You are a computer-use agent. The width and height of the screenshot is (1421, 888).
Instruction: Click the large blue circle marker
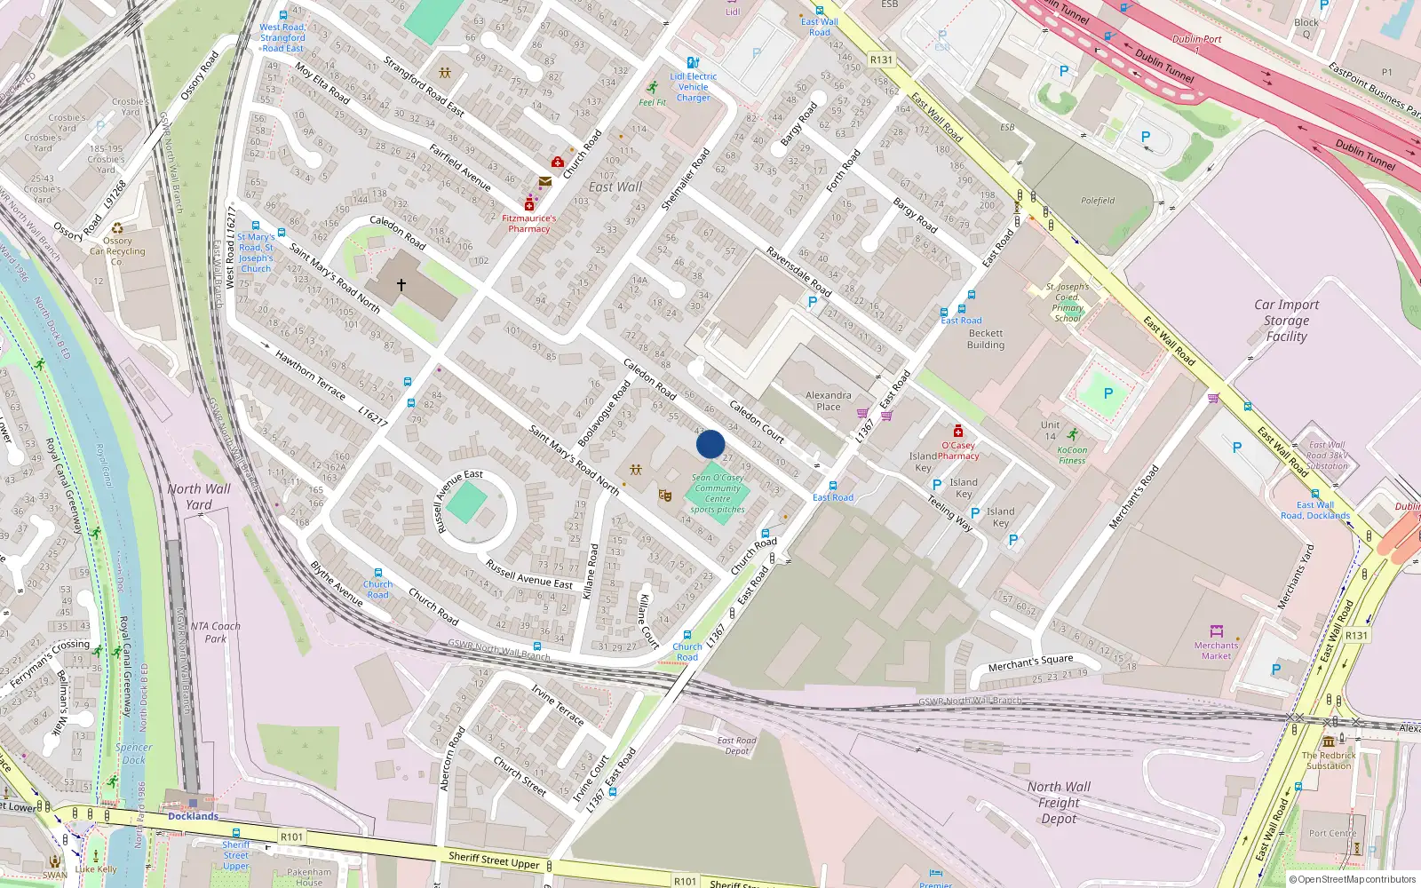(x=710, y=444)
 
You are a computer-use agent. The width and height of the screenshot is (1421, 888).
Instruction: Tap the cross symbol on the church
(x=401, y=285)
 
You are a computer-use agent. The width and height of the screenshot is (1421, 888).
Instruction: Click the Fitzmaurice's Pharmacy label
(x=529, y=224)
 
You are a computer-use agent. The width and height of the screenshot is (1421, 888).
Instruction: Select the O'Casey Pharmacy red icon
(x=957, y=432)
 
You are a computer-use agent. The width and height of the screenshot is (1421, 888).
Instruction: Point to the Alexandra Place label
(x=828, y=401)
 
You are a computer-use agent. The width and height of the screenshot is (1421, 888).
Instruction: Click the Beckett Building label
(x=986, y=339)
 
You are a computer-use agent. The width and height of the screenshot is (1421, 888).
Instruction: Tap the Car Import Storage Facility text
(x=1286, y=321)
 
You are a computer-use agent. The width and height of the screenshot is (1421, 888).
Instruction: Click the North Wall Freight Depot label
(x=1059, y=803)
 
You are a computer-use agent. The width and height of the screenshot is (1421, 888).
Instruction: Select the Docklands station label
(x=193, y=816)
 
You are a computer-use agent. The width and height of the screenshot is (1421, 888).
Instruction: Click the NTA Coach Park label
(x=215, y=632)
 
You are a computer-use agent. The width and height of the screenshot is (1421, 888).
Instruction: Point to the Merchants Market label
(x=1216, y=651)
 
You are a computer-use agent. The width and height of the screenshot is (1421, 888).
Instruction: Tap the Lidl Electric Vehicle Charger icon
(x=693, y=63)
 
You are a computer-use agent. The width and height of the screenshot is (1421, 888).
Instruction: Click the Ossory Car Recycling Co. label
(x=117, y=251)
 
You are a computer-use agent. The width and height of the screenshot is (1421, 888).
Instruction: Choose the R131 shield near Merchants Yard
(x=1356, y=636)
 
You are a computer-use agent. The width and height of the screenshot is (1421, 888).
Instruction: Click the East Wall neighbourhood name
(x=615, y=187)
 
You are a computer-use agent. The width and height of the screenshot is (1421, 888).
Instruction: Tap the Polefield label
(x=1098, y=201)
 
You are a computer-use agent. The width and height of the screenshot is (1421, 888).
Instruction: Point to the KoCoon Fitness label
(x=1072, y=456)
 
